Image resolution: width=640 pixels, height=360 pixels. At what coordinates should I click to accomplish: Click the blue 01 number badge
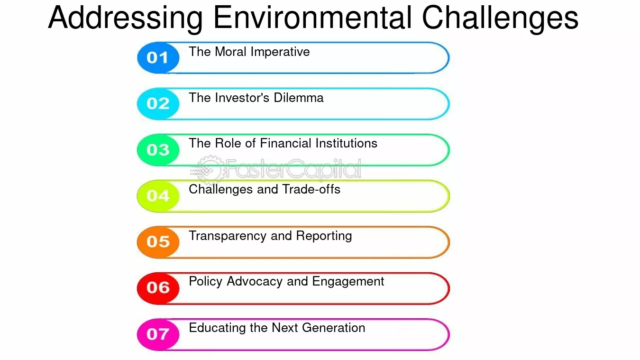(158, 57)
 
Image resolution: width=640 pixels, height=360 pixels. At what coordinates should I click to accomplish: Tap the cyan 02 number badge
(158, 103)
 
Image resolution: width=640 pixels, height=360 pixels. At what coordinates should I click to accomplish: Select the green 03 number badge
(158, 150)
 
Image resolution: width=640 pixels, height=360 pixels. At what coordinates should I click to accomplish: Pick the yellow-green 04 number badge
(158, 196)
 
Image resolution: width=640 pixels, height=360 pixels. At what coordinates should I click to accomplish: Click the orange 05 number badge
(158, 242)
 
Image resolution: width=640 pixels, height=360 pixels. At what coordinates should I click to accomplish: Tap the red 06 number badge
(158, 288)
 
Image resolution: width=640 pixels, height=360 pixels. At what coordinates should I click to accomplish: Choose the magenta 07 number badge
(158, 334)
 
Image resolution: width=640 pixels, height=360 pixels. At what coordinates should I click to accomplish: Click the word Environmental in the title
(313, 17)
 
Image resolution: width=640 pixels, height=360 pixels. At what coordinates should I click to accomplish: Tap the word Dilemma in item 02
(299, 98)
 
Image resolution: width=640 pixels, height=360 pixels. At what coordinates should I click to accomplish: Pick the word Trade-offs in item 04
(311, 189)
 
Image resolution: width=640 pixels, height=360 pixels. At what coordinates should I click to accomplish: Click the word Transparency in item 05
(228, 236)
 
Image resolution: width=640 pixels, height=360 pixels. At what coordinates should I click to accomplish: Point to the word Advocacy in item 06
(255, 282)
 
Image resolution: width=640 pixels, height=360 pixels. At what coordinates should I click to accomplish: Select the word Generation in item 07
(333, 328)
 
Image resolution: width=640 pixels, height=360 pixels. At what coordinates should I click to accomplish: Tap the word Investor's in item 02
(242, 98)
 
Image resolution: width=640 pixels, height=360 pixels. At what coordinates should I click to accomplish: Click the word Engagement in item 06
(348, 282)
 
